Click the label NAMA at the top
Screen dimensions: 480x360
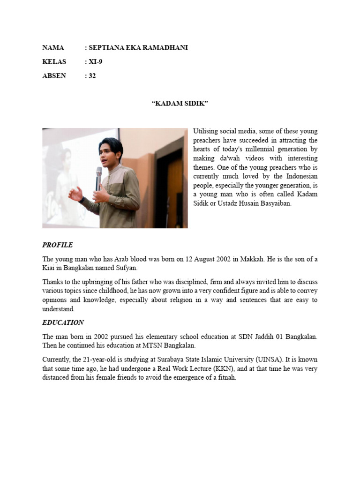click(x=52, y=48)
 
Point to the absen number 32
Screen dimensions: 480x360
click(x=92, y=75)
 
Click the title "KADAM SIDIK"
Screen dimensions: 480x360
click(x=180, y=104)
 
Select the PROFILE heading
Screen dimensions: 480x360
click(x=57, y=245)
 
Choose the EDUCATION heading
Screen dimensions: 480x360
click(x=63, y=322)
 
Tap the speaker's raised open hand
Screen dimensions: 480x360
click(x=75, y=193)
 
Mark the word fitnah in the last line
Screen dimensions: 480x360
click(x=227, y=378)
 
